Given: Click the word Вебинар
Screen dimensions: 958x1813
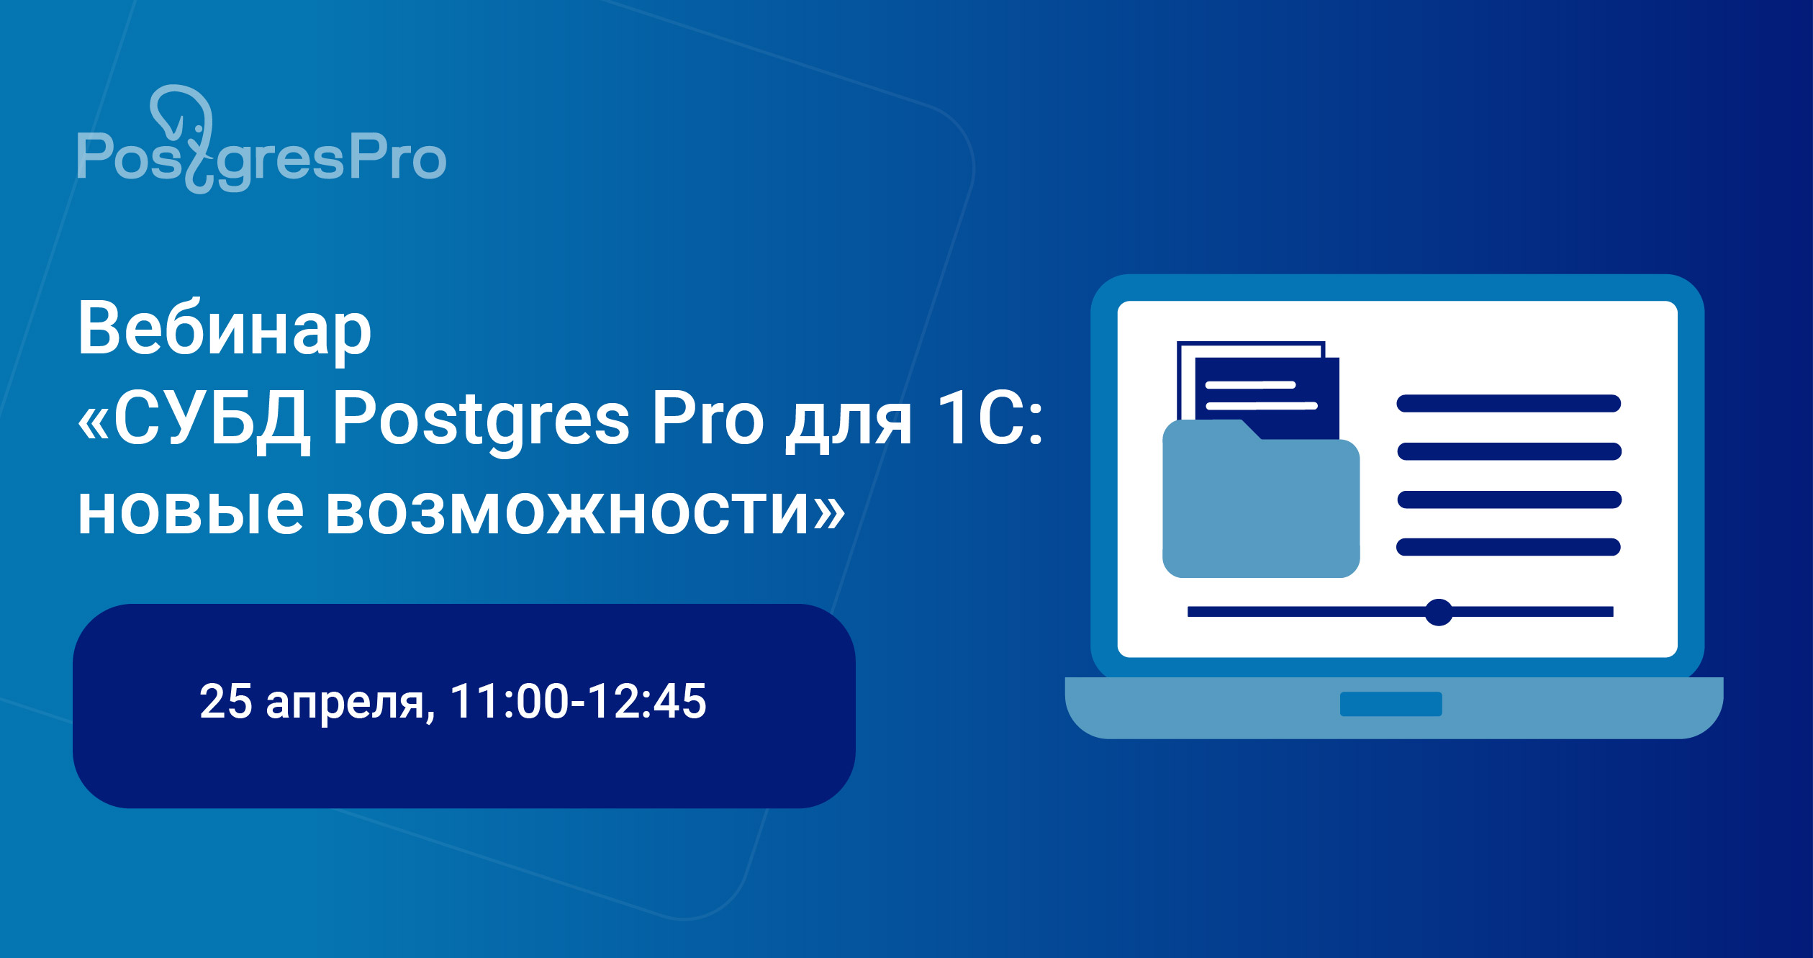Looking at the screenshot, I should (224, 329).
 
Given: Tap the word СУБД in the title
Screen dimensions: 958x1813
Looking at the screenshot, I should (212, 420).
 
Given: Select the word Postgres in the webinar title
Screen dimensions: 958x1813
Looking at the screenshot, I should (481, 420).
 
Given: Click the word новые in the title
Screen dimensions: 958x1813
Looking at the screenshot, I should (191, 511).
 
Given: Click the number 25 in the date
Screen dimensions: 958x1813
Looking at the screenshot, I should (225, 701).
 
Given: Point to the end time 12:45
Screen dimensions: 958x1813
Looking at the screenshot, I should (648, 701).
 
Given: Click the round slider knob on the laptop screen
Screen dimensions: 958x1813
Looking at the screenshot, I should (1439, 613).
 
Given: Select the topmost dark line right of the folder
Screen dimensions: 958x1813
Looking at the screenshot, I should (1509, 403).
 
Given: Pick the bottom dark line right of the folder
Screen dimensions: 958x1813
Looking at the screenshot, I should (1509, 547).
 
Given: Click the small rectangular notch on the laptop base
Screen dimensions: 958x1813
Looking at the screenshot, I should (1391, 704).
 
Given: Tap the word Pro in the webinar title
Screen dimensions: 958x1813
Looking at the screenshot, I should (707, 420).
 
